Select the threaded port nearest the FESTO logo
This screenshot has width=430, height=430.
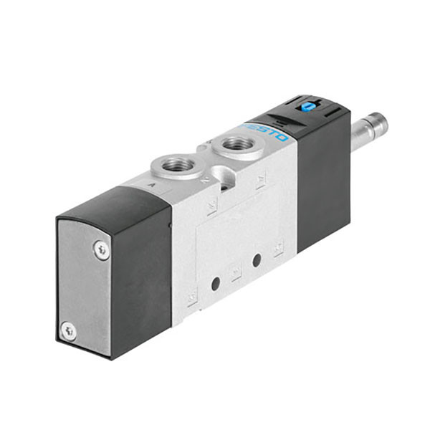tap(237, 145)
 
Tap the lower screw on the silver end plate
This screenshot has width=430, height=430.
tap(69, 330)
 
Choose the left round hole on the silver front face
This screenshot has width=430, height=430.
tap(214, 285)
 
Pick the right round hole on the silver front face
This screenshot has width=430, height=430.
tap(257, 259)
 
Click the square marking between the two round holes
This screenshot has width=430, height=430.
tap(235, 273)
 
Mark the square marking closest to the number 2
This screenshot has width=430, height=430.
tap(212, 208)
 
